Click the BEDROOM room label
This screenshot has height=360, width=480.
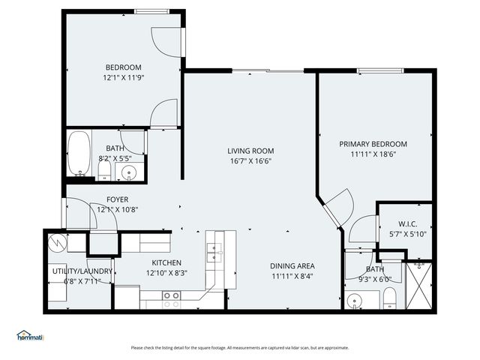click(122, 67)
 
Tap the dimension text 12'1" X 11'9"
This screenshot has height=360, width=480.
click(122, 77)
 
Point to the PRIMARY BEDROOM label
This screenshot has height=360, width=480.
click(373, 144)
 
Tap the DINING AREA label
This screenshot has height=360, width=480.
click(292, 265)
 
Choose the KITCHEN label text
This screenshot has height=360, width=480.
click(168, 262)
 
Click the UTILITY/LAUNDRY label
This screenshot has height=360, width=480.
click(82, 271)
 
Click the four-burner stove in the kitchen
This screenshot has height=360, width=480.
click(172, 300)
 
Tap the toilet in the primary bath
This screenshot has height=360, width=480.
click(390, 300)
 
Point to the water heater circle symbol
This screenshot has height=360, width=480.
click(58, 243)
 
